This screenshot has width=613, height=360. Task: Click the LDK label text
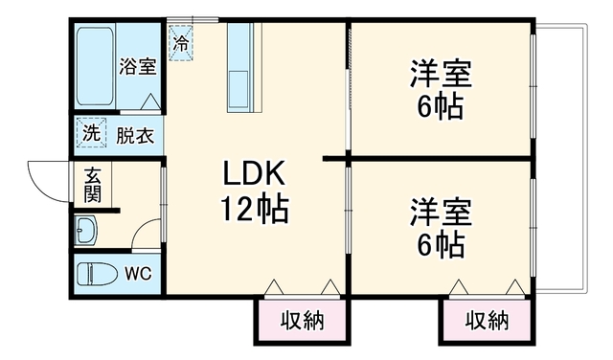254,173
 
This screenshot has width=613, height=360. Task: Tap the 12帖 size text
255,209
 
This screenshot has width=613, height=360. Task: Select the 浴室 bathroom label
138,66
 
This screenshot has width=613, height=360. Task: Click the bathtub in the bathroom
96,66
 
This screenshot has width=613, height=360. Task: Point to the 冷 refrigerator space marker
181,43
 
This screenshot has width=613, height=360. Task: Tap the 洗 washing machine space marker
92,133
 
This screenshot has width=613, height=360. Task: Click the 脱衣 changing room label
135,135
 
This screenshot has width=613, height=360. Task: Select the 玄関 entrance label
93,185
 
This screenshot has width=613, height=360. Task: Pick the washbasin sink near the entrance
86,230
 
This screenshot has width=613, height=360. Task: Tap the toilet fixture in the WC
97,274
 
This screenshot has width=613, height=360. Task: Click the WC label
138,274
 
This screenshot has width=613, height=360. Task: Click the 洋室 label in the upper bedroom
441,74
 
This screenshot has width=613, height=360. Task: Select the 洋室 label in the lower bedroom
441,213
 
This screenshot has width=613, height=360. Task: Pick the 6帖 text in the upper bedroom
441,106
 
